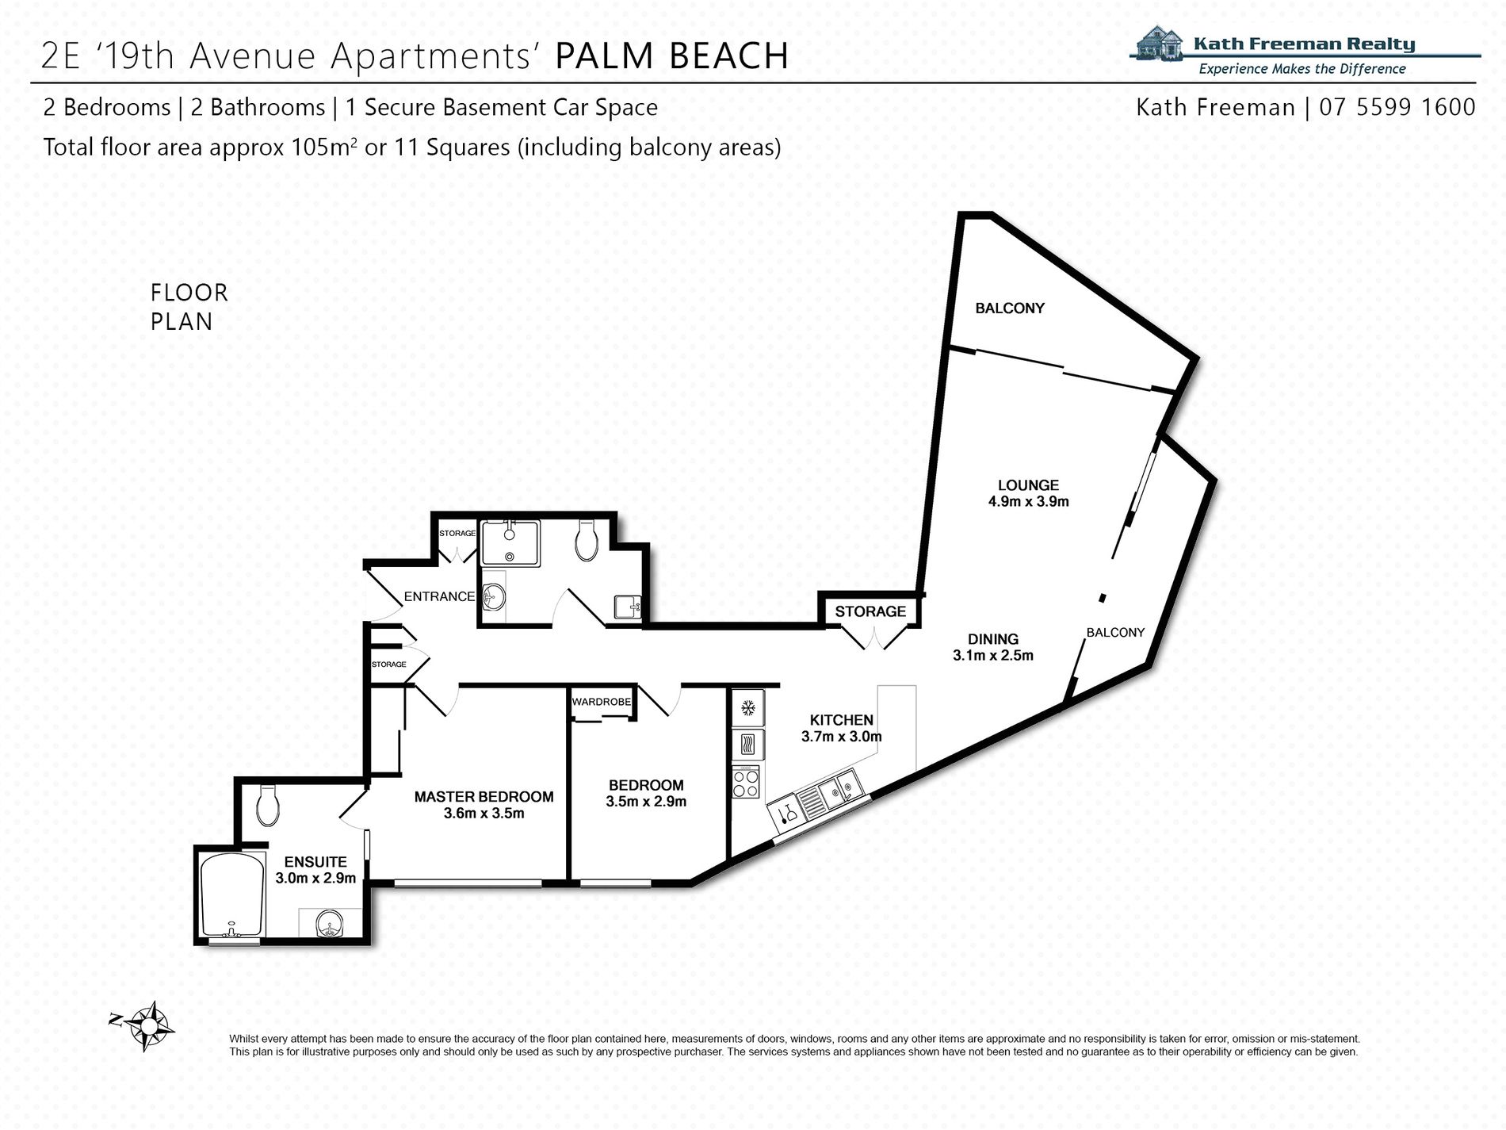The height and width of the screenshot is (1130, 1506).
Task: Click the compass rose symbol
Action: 147,1026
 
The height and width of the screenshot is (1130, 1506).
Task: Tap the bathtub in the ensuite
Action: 231,896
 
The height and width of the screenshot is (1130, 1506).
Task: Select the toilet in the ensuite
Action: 267,805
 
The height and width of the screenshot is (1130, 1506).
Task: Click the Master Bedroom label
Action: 484,796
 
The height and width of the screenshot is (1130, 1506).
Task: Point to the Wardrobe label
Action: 602,702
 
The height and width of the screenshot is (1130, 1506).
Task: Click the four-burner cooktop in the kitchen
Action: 746,783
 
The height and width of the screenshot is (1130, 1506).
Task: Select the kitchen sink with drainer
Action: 827,796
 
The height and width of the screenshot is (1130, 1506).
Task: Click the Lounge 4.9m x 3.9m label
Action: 1028,492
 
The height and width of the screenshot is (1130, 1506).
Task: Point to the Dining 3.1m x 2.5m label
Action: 992,646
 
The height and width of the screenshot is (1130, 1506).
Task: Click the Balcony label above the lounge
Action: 1009,308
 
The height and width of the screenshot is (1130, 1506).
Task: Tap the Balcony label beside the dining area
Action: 1114,632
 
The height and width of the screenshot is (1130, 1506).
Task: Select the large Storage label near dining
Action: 870,611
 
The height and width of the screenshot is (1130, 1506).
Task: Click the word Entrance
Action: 438,596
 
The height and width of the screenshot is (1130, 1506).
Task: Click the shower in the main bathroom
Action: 510,542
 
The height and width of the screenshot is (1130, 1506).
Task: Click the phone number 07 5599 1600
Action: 1397,107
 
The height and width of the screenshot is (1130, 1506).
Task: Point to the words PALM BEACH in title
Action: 671,56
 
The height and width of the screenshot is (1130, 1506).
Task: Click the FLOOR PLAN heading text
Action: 189,307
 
